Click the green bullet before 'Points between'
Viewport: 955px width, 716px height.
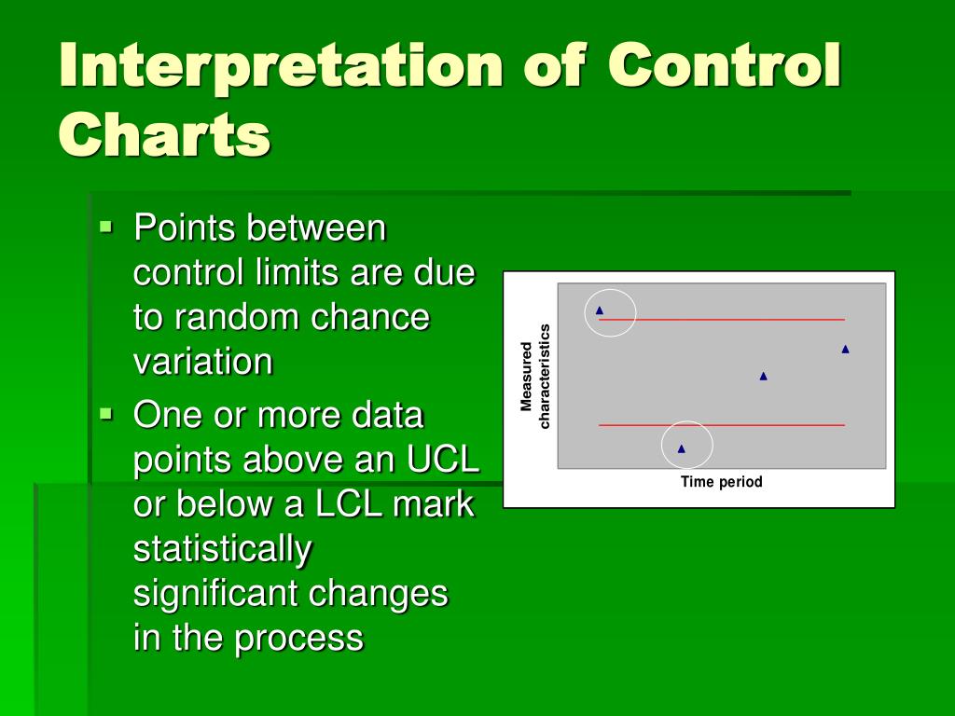click(106, 227)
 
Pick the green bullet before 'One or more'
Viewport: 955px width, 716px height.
click(106, 415)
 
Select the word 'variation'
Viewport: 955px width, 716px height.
click(202, 362)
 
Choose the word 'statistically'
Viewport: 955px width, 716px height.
click(222, 550)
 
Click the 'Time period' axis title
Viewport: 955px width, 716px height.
click(721, 482)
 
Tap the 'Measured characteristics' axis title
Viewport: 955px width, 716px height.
click(535, 377)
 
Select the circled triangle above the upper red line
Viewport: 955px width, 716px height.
click(600, 310)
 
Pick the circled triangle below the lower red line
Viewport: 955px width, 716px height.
click(682, 448)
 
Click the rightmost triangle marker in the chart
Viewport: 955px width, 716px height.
click(845, 349)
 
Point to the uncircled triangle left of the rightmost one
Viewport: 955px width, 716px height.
click(763, 377)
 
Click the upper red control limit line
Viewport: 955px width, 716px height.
click(722, 319)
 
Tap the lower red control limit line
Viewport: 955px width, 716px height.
click(722, 425)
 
